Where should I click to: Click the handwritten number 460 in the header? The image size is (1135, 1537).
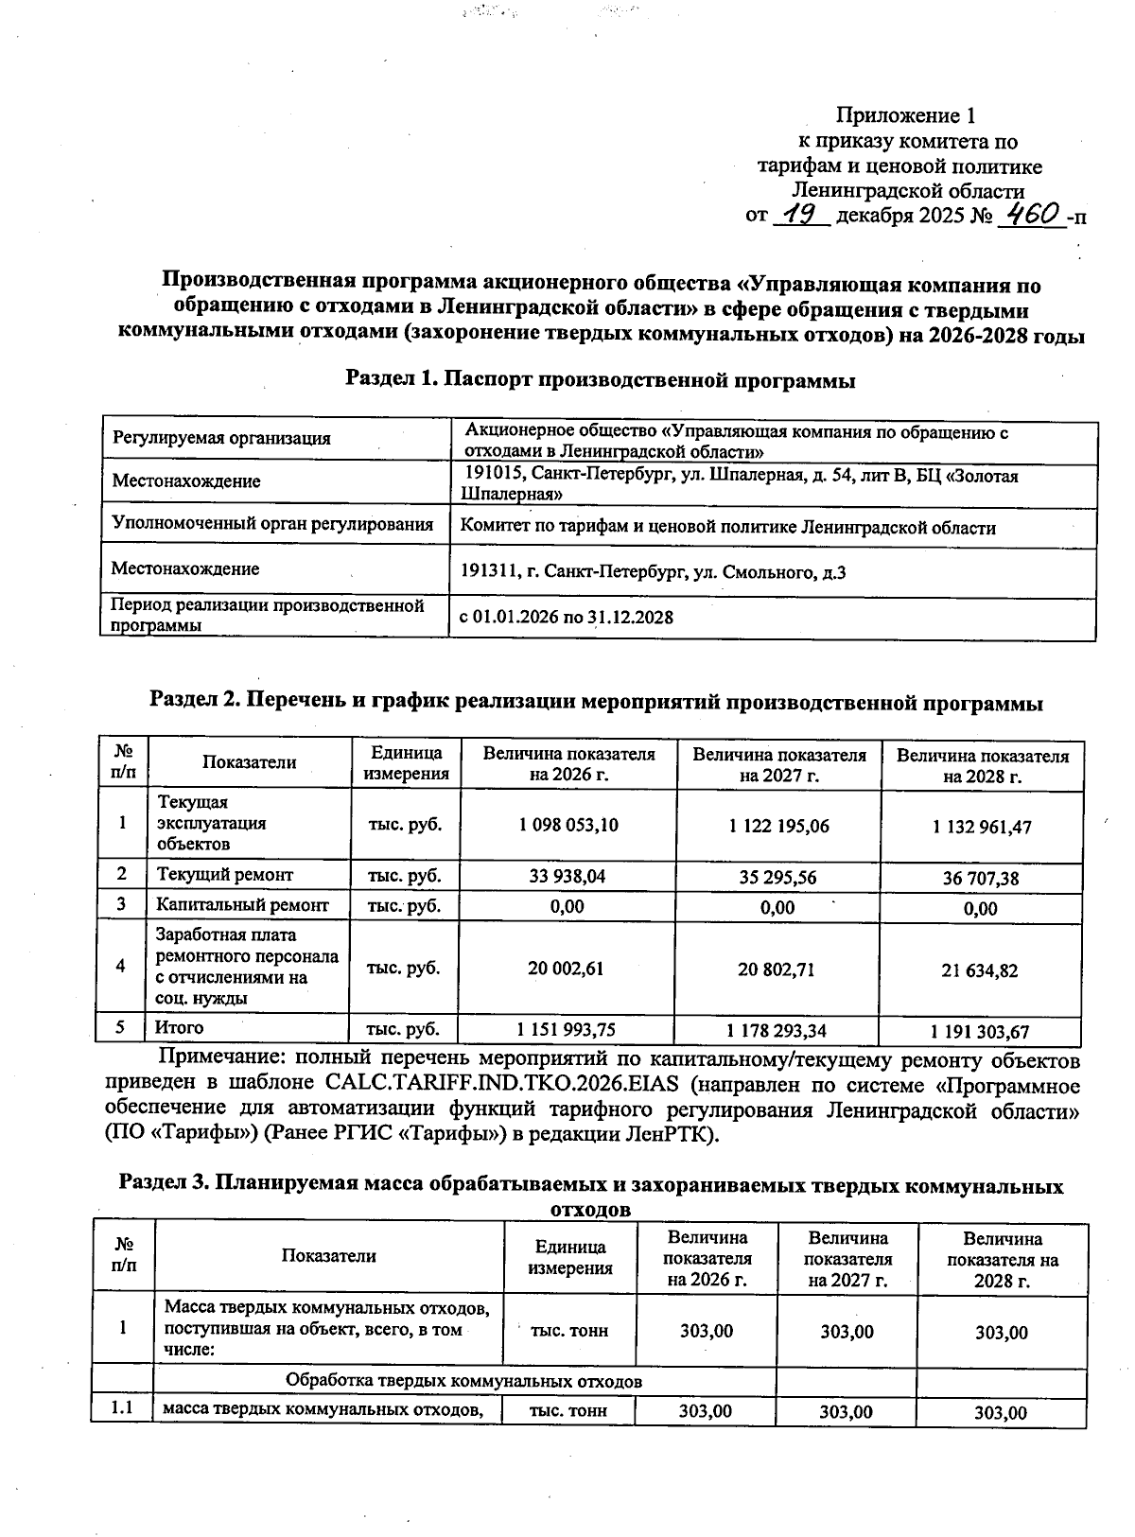pos(1031,215)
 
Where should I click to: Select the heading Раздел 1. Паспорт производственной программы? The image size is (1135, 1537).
pos(600,380)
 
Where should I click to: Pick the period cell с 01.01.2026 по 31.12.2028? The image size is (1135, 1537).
pos(567,618)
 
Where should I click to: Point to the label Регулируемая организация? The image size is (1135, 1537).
pos(221,438)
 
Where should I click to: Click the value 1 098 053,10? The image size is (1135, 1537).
pos(568,825)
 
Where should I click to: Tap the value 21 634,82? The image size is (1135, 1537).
pos(980,970)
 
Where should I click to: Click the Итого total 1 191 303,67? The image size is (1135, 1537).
pos(980,1032)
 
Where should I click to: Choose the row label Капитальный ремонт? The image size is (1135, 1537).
pos(242,905)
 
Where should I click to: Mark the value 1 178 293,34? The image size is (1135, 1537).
pos(777,1030)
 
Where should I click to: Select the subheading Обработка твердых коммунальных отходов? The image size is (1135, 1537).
pos(463,1381)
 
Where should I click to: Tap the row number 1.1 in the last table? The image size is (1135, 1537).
pos(123,1410)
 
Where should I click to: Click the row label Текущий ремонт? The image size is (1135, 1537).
pos(224,875)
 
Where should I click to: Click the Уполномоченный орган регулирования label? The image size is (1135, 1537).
pos(272,524)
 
